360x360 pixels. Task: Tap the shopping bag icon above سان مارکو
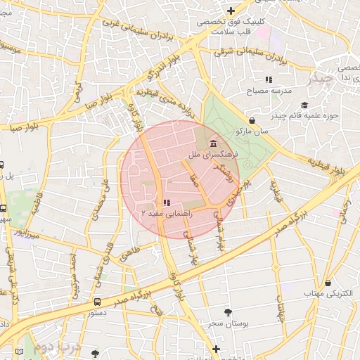coord(252,120)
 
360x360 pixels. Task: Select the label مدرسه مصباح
coord(266,91)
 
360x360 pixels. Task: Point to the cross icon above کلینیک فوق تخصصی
coord(231,10)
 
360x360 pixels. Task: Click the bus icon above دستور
coord(97,302)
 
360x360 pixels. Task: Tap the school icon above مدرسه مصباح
coord(268,79)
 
